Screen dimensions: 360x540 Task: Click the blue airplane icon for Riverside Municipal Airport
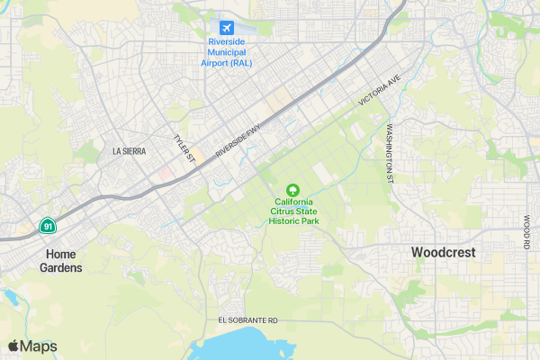[225, 26]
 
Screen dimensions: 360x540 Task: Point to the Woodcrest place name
[443, 253]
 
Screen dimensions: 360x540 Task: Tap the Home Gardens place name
[61, 261]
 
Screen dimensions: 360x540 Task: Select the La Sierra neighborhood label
[129, 152]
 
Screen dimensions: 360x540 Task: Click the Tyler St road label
[184, 149]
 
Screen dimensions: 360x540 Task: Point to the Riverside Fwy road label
[238, 142]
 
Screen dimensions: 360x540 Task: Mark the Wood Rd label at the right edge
[526, 232]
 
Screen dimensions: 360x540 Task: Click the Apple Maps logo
[32, 346]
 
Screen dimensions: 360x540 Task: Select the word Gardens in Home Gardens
[61, 268]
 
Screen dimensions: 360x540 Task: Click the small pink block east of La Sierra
[166, 171]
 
